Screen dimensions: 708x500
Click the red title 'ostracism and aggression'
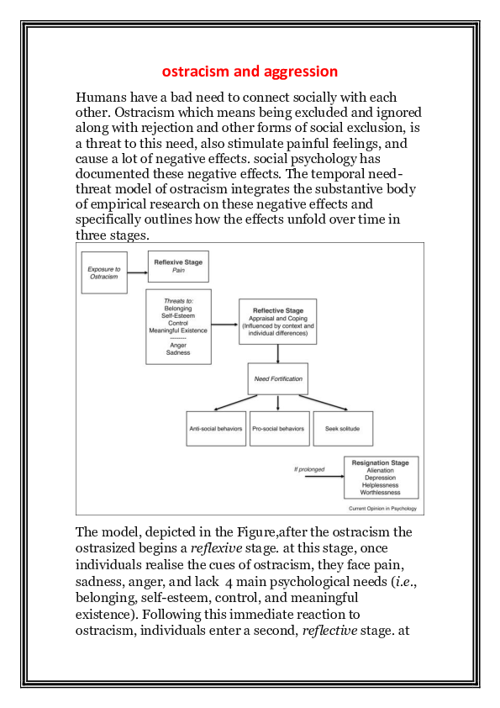pyautogui.click(x=250, y=71)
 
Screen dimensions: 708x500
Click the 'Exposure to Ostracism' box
pyautogui.click(x=104, y=272)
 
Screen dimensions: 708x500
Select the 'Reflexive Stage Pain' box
pyautogui.click(x=178, y=267)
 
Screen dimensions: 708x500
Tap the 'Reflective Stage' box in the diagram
pyautogui.click(x=277, y=321)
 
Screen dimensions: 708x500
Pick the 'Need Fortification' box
pyautogui.click(x=278, y=378)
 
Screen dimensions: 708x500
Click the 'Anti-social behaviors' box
pyautogui.click(x=215, y=429)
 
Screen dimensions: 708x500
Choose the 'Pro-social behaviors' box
pyautogui.click(x=278, y=429)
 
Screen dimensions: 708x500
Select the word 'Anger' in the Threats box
pyautogui.click(x=178, y=345)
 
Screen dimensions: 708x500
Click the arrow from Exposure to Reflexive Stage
pyautogui.click(x=138, y=273)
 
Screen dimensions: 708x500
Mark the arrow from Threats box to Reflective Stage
pyautogui.click(x=224, y=324)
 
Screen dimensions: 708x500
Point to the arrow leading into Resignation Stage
pyautogui.click(x=324, y=478)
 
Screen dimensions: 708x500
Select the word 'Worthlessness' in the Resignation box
pyautogui.click(x=380, y=493)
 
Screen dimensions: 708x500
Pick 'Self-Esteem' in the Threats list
pyautogui.click(x=178, y=315)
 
